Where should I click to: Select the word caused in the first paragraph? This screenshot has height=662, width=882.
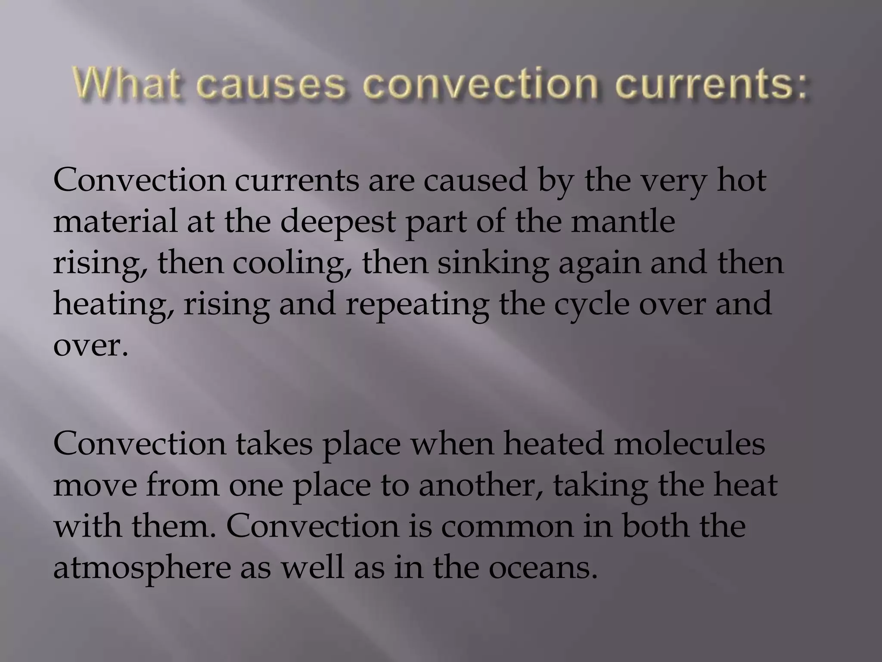[x=475, y=180]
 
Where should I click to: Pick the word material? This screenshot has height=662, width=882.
[x=115, y=221]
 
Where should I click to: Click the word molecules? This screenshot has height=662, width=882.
[x=689, y=443]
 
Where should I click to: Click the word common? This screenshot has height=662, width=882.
[x=507, y=526]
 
